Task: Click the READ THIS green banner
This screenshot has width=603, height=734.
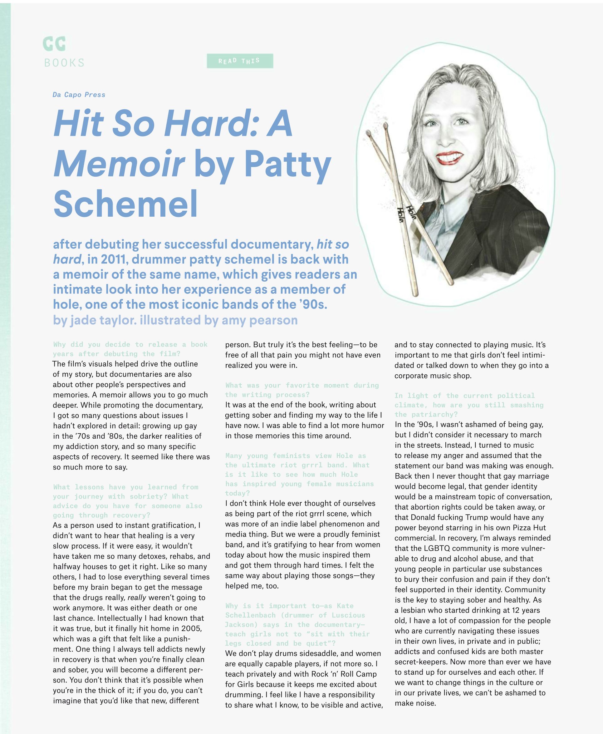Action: tap(240, 61)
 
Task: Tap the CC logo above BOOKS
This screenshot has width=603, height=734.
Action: tap(54, 44)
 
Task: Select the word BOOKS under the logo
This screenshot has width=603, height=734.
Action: tap(65, 63)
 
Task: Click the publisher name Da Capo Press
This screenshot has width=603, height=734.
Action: tap(79, 95)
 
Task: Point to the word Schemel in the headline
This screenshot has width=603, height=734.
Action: tap(126, 204)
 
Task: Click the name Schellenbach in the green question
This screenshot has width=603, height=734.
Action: tap(250, 615)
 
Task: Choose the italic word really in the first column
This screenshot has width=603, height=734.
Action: tap(137, 598)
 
